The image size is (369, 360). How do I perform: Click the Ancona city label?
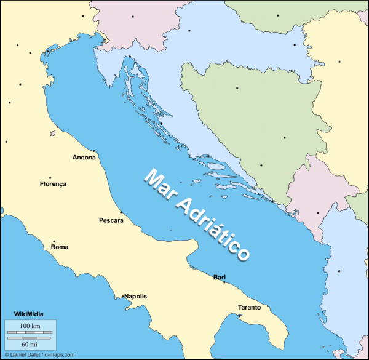pos(84,158)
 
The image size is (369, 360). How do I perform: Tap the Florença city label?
pos(53,183)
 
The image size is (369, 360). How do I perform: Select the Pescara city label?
pos(111,220)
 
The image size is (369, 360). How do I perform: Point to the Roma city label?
pos(60,247)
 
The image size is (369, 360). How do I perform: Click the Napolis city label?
pos(135,296)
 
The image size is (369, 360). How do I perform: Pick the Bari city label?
pos(220,278)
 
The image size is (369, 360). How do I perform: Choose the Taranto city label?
pos(250,307)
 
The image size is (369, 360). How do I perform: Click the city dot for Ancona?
pos(93,151)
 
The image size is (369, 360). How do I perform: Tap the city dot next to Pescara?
pos(121,213)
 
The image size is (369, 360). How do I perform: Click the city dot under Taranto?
pos(240,315)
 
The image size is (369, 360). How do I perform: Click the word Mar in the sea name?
pos(157,185)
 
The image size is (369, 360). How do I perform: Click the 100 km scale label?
pos(30,325)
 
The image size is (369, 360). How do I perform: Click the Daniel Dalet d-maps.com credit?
pos(39,355)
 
